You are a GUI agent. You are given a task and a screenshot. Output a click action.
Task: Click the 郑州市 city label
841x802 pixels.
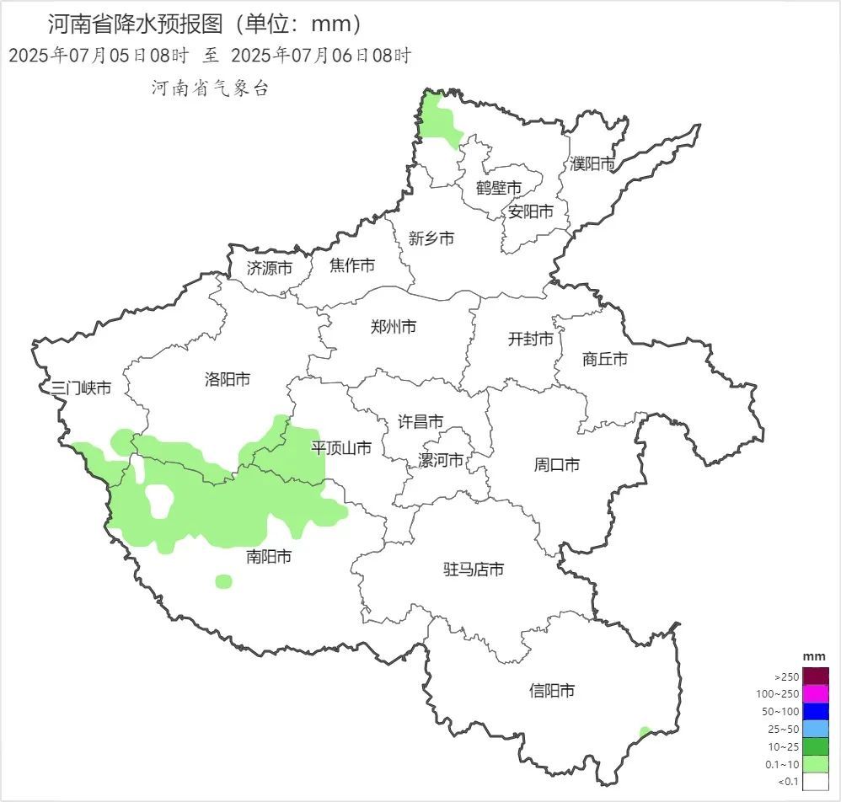(x=394, y=327)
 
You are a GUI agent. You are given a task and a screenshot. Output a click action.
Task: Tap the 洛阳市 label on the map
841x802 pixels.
(x=228, y=379)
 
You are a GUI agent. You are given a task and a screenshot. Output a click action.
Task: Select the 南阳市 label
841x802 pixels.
(x=270, y=557)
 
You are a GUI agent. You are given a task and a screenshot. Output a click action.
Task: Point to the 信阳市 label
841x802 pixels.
(x=552, y=691)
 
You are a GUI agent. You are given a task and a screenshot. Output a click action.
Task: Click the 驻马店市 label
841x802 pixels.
(x=474, y=569)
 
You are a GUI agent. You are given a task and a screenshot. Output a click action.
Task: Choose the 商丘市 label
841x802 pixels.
(x=605, y=359)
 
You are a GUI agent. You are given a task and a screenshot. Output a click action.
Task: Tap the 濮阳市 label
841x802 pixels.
(x=592, y=163)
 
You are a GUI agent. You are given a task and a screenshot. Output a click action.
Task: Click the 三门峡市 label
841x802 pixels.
(x=81, y=388)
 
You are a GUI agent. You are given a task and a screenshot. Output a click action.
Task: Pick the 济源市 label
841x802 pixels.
(x=270, y=269)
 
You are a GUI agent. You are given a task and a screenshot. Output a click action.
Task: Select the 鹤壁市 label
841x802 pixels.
(x=499, y=187)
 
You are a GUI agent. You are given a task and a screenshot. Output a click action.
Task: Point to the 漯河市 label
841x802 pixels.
(x=441, y=461)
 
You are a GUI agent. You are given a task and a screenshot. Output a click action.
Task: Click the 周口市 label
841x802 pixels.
(x=557, y=464)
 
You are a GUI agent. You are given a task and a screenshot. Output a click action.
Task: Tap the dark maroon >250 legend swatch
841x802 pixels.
(x=816, y=676)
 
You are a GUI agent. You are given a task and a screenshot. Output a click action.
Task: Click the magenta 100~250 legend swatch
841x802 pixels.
(x=816, y=694)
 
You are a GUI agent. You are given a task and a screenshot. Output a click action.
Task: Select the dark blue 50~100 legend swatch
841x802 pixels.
(x=816, y=712)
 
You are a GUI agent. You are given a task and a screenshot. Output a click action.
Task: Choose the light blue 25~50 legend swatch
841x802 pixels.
(x=816, y=730)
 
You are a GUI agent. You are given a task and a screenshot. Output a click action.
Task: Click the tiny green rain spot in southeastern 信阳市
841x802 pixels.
(x=645, y=732)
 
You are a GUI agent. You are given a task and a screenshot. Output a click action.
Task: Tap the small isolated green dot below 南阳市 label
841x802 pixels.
(x=223, y=581)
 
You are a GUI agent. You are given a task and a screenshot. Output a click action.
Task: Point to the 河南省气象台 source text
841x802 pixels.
(x=210, y=88)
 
